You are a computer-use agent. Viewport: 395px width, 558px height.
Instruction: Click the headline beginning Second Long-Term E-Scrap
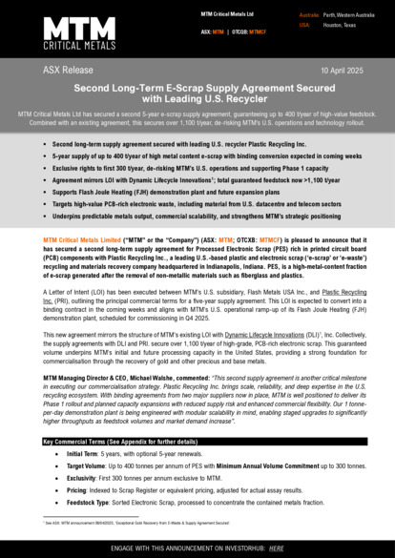pos(197,92)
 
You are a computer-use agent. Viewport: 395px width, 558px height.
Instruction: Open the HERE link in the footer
pos(277,548)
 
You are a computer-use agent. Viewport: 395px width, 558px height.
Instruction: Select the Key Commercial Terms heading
pos(100,443)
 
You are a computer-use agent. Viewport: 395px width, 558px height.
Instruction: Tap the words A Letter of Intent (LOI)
pos(76,292)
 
